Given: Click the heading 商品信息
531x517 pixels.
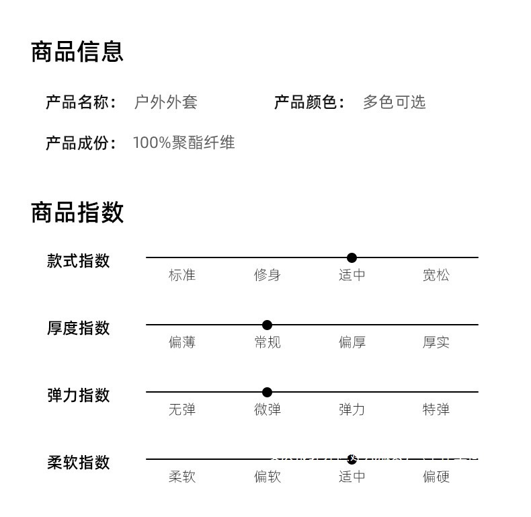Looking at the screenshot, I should point(77,52).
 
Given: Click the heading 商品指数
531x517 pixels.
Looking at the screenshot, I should point(77,212).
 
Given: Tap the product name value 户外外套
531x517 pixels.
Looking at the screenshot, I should point(166,102).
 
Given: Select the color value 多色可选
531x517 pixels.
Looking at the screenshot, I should point(394,102).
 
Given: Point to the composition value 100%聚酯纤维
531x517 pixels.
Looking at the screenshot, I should point(183,143).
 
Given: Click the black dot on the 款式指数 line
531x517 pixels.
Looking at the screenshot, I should point(352,257).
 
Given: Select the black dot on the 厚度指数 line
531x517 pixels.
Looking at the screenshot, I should point(267,325).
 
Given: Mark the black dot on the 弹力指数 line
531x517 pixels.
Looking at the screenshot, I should point(267,392).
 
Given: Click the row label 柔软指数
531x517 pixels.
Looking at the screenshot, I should point(78,463).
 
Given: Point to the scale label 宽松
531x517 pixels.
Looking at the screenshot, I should point(436,275).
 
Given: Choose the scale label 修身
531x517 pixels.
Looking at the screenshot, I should point(267,275).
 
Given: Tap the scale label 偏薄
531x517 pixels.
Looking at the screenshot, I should point(181,342).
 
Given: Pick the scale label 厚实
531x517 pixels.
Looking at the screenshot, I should point(436,342).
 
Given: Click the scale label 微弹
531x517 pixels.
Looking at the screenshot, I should point(267,409).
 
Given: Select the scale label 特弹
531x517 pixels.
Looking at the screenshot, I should point(436,409).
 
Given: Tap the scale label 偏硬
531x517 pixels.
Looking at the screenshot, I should point(436,477).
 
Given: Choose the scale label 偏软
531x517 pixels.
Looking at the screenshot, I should point(267,477).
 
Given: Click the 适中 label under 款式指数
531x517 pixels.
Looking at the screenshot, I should point(352,275).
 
